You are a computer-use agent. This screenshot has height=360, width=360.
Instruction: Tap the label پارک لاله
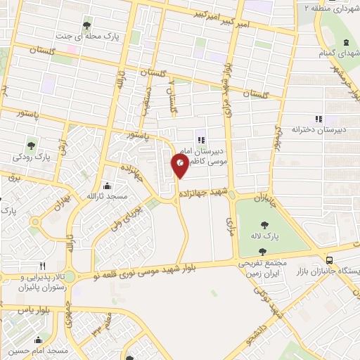pyautogui.click(x=265, y=237)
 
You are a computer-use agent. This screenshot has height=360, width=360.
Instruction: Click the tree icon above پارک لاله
pyautogui.click(x=265, y=225)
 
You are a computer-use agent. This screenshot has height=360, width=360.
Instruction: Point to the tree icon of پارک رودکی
pyautogui.click(x=31, y=145)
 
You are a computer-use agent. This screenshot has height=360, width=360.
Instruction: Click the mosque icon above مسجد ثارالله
pyautogui.click(x=106, y=186)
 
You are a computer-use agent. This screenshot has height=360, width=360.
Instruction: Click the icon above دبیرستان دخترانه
pyautogui.click(x=318, y=119)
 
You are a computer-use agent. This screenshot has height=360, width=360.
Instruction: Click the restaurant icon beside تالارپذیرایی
pyautogui.click(x=43, y=266)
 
